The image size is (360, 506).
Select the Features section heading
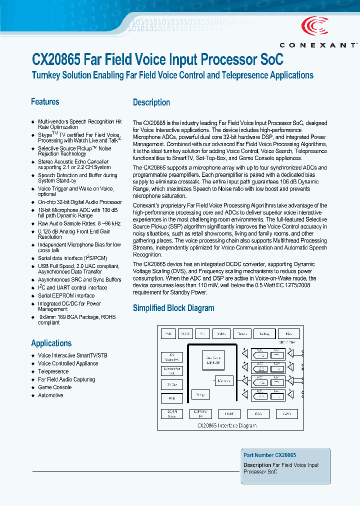pos(45,102)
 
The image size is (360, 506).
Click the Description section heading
pos(151,102)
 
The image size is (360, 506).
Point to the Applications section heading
pos(51,343)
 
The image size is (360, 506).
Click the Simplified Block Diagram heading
pos(173,308)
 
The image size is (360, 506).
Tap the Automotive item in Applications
pos(50,395)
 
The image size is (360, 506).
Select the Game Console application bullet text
pos(54,387)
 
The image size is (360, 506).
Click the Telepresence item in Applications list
pos(53,371)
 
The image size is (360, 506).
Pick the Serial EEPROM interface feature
pos(66,295)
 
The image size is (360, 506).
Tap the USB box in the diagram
pos(172,398)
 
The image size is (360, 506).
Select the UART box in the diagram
pos(229,414)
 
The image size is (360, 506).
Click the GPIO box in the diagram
pos(287,414)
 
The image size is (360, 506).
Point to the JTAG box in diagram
pos(258,414)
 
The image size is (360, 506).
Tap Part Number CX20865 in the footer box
pos(269,455)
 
